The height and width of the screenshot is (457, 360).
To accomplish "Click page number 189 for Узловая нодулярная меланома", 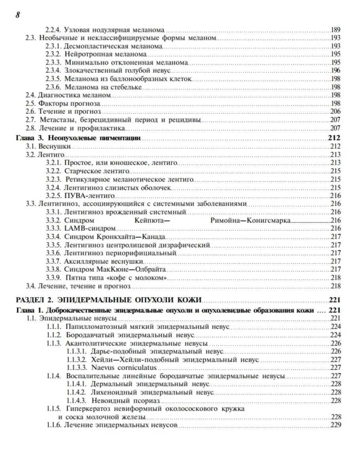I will (335, 30).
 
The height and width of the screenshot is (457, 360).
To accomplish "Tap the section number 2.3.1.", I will (53, 46).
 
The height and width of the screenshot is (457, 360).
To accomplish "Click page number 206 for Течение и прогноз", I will (335, 111).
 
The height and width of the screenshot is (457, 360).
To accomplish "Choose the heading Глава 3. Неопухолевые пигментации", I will (78, 138).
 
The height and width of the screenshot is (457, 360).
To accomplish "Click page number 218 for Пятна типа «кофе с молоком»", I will (335, 278).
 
